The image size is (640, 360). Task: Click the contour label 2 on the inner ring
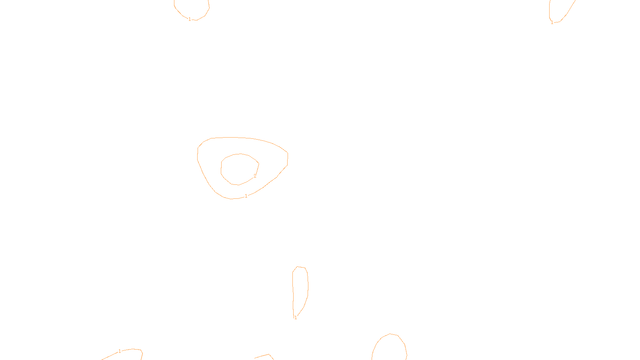point(255,176)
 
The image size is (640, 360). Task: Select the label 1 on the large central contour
point(246,196)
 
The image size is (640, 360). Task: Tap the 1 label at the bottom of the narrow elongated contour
point(296,318)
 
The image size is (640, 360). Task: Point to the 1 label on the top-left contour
point(190,19)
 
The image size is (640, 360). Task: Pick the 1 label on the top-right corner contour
point(552,22)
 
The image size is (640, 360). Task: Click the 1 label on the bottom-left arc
point(120,351)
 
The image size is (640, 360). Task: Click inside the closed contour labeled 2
point(239,169)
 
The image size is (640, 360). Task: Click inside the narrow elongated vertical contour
point(300,288)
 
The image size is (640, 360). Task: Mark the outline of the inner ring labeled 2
point(221,168)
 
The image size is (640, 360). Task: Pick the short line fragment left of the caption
point(262,356)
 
